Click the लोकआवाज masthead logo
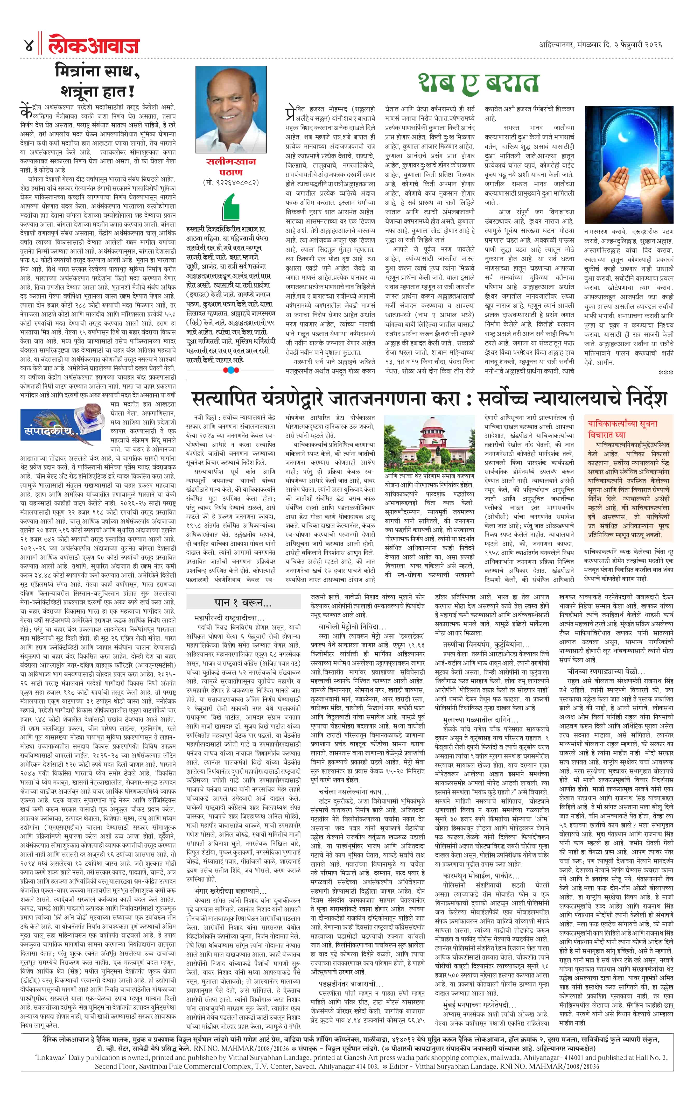pyautogui.click(x=94, y=45)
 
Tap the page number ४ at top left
pyautogui.click(x=29, y=45)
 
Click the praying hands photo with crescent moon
pyautogui.click(x=628, y=165)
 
